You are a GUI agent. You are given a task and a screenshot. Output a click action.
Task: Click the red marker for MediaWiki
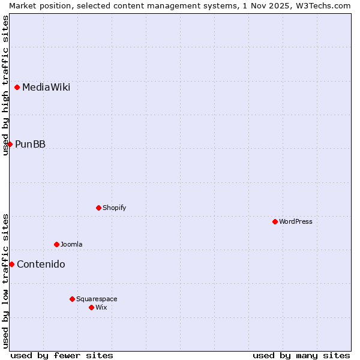pyautogui.click(x=17, y=87)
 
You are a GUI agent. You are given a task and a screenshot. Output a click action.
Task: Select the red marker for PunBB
pyautogui.click(x=10, y=144)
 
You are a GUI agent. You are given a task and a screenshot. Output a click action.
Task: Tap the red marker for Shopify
pyautogui.click(x=98, y=208)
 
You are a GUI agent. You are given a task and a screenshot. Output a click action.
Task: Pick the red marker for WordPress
pyautogui.click(x=275, y=221)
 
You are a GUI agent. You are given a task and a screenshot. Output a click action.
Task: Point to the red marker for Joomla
pyautogui.click(x=56, y=244)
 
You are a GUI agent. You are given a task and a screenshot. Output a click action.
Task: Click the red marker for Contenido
pyautogui.click(x=11, y=264)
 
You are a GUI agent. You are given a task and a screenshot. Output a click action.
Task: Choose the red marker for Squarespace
pyautogui.click(x=72, y=299)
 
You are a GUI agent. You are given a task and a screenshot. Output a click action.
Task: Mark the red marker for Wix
pyautogui.click(x=91, y=307)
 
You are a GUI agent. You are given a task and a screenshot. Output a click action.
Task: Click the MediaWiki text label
pyautogui.click(x=46, y=88)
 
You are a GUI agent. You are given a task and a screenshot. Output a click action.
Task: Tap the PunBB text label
pyautogui.click(x=30, y=145)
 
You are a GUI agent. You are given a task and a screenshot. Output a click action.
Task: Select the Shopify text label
pyautogui.click(x=114, y=208)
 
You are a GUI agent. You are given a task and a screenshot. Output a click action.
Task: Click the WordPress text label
pyautogui.click(x=296, y=221)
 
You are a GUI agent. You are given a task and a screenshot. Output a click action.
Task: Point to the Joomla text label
pyautogui.click(x=71, y=244)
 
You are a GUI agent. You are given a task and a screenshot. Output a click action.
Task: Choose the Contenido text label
pyautogui.click(x=41, y=265)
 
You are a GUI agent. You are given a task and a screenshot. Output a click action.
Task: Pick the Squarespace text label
pyautogui.click(x=97, y=299)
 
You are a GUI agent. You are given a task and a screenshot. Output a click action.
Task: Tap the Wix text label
pyautogui.click(x=101, y=307)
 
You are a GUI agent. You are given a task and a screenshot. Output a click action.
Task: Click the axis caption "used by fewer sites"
pyautogui.click(x=62, y=355)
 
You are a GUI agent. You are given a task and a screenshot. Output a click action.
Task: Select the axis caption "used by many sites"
pyautogui.click(x=301, y=355)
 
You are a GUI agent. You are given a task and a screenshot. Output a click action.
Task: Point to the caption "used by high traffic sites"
pyautogui.click(x=6, y=85)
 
